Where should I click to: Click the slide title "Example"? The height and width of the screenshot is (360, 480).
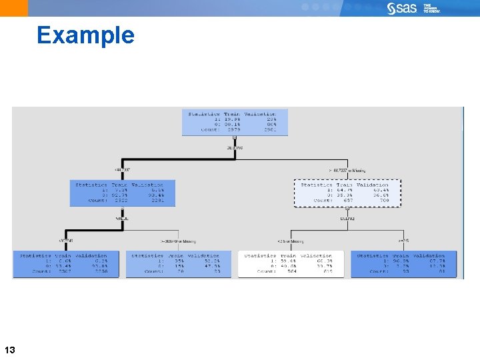pyautogui.click(x=86, y=35)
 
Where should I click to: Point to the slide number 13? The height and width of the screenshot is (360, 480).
pyautogui.click(x=10, y=350)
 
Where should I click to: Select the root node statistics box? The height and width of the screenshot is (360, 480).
pyautogui.click(x=234, y=122)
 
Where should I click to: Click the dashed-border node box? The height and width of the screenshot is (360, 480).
pyautogui.click(x=347, y=191)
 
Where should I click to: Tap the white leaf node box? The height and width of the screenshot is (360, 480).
pyautogui.click(x=291, y=264)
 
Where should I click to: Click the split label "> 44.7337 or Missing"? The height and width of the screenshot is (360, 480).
pyautogui.click(x=347, y=170)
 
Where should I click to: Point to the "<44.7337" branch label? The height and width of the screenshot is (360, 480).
pyautogui.click(x=125, y=170)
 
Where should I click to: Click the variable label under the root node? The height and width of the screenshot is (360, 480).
pyautogui.click(x=235, y=147)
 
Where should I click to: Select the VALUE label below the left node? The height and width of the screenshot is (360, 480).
pyautogui.click(x=122, y=217)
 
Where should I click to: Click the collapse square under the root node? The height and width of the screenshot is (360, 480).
pyautogui.click(x=235, y=138)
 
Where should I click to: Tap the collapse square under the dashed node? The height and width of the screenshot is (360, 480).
pyautogui.click(x=347, y=208)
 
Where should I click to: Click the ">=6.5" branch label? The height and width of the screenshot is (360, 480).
pyautogui.click(x=405, y=240)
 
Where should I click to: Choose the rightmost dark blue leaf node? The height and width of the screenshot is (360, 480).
pyautogui.click(x=403, y=264)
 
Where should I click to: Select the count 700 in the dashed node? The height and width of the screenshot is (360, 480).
pyautogui.click(x=384, y=200)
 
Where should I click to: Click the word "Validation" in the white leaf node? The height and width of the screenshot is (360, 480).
pyautogui.click(x=316, y=255)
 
